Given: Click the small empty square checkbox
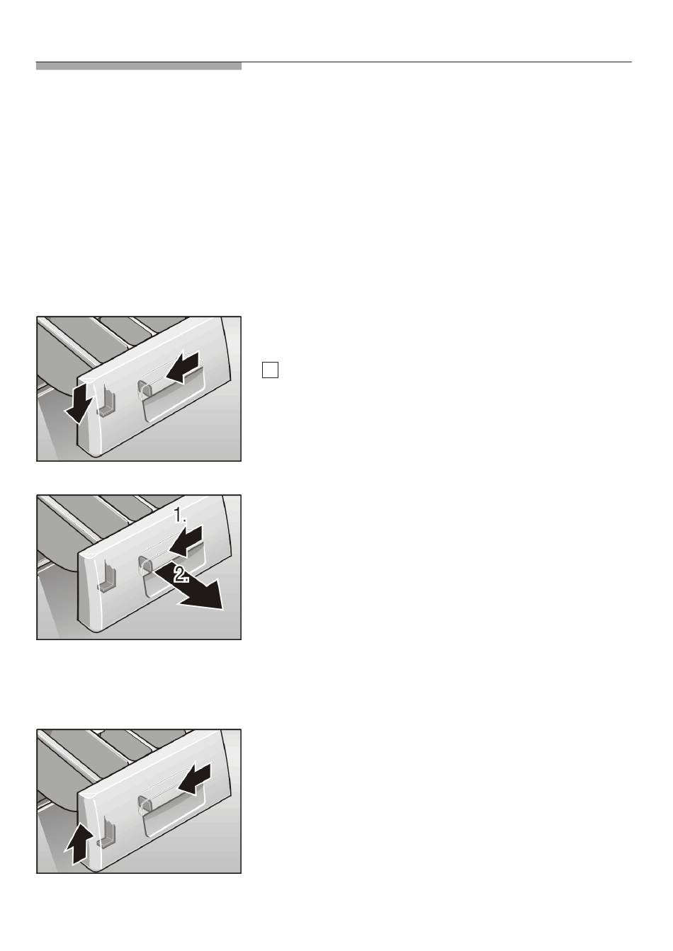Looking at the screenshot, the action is tap(270, 370).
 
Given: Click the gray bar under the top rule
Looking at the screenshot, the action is tap(139, 67).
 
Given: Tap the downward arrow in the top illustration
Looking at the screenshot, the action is tap(79, 402).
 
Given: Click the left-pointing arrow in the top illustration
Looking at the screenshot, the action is tap(183, 367).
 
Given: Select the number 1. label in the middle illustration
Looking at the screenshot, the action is tap(180, 516).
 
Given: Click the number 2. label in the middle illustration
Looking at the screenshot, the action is tap(182, 575).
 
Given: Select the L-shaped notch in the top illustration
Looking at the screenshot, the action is tap(106, 399).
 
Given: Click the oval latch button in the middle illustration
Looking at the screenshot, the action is tap(145, 566).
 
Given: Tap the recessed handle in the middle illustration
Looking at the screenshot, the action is tap(171, 570).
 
